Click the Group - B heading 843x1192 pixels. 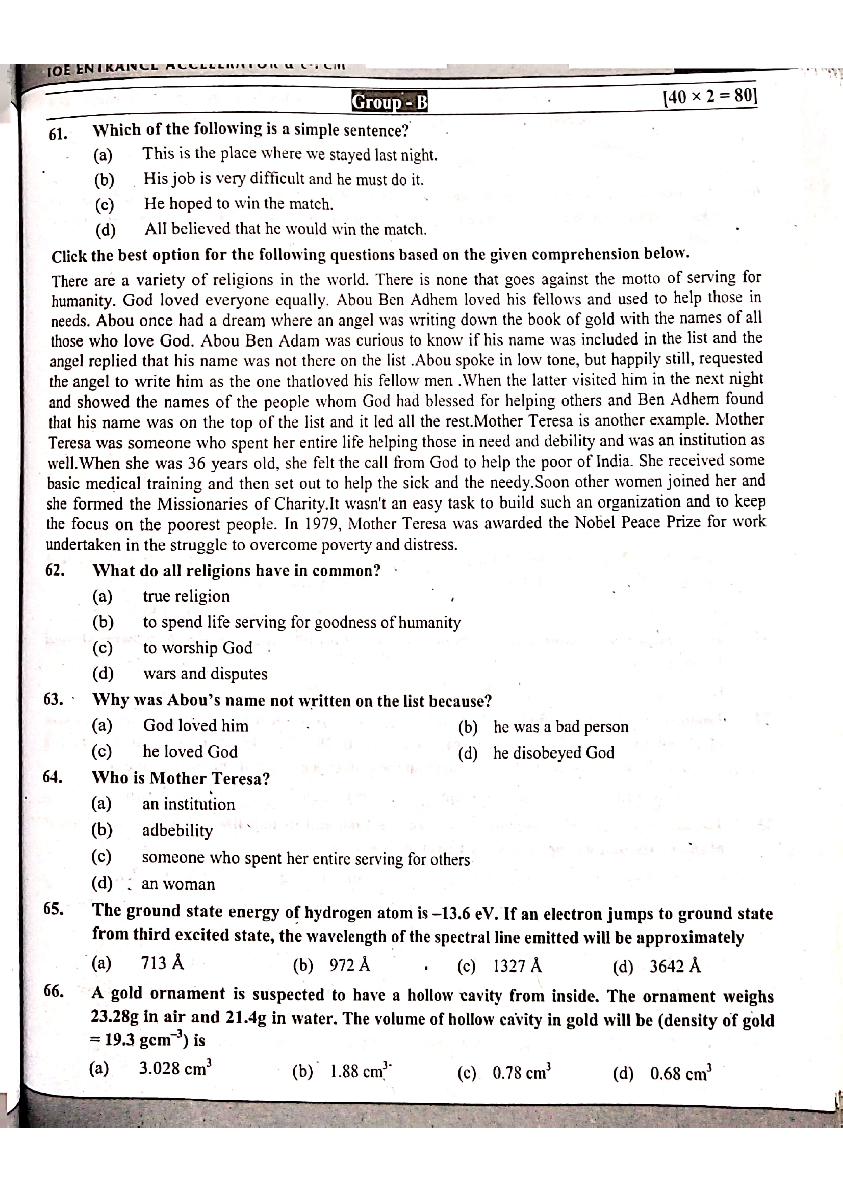coord(390,102)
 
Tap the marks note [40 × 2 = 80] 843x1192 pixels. coord(709,96)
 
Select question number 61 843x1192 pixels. coord(58,134)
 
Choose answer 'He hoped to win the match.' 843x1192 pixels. coord(238,203)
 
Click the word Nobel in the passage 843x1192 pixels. coord(595,522)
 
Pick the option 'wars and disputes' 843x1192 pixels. coord(205,673)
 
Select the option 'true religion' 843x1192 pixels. coord(187,596)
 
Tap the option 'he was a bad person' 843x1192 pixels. coord(560,726)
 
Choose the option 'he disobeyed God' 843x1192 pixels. coord(554,752)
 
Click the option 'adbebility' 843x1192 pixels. coord(177,830)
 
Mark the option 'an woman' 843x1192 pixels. coord(178,884)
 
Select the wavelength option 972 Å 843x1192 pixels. coord(349,965)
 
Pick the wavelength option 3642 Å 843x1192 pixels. coord(675,966)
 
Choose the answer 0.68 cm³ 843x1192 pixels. coord(680,1073)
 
